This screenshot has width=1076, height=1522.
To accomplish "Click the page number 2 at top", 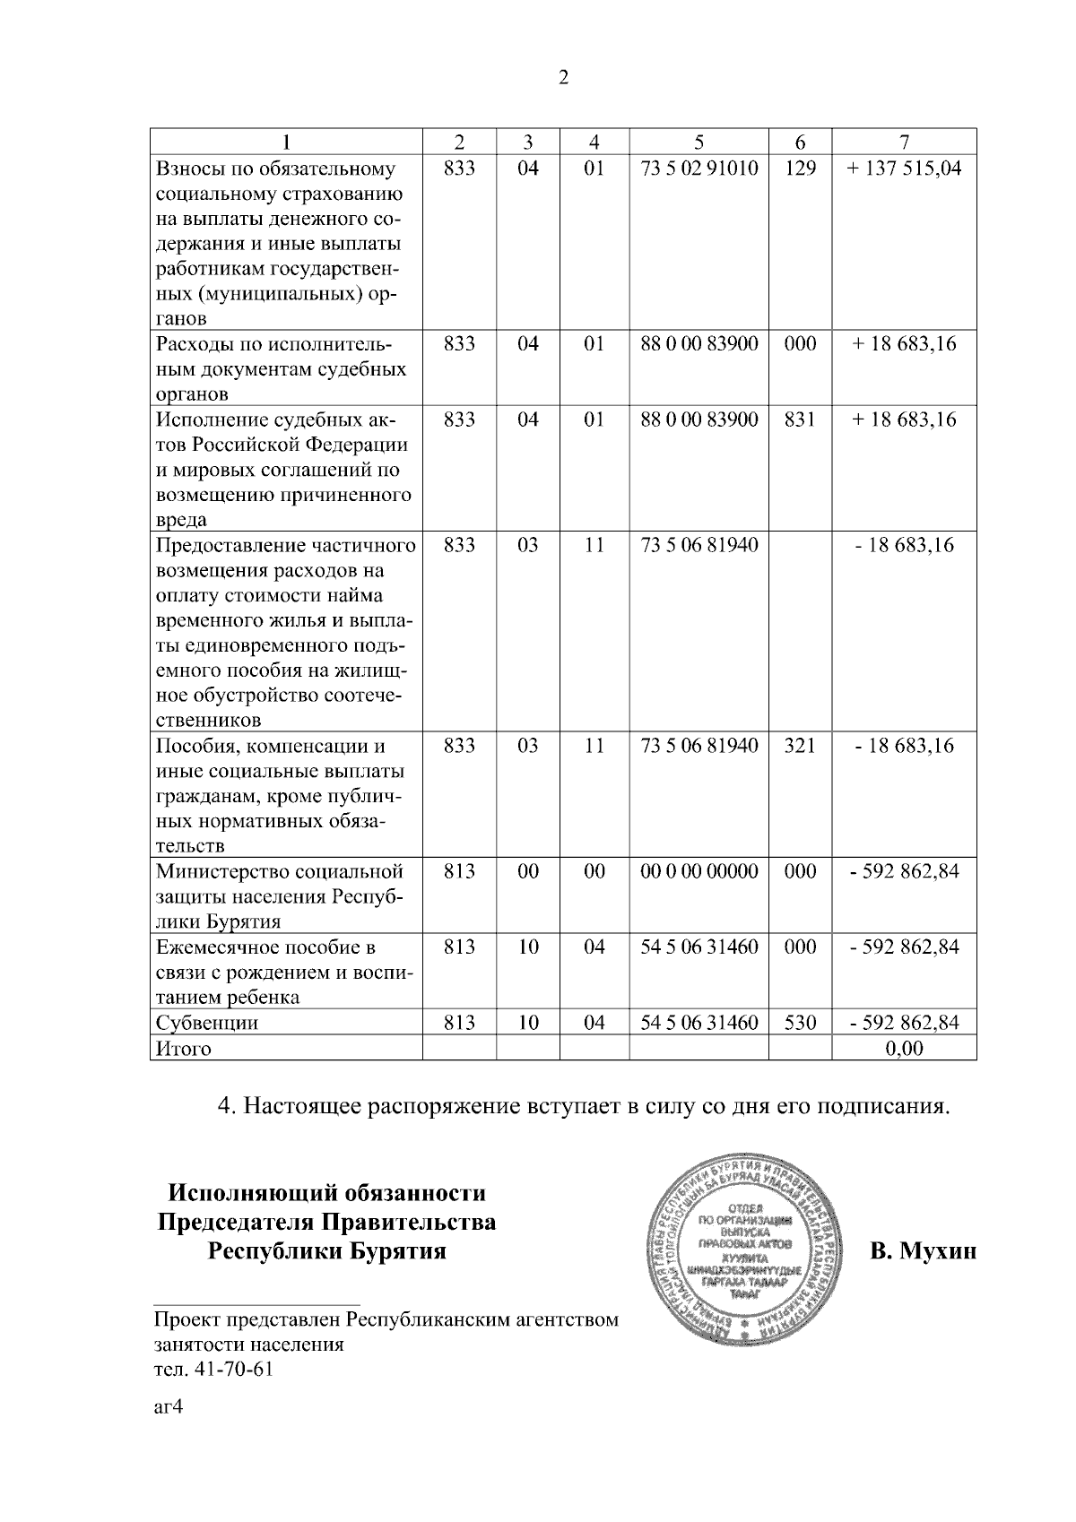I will tap(563, 78).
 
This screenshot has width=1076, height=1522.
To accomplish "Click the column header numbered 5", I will tap(699, 142).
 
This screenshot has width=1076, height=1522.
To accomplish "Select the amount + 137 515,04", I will tap(904, 169).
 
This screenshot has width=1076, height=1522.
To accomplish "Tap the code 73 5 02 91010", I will tap(699, 169).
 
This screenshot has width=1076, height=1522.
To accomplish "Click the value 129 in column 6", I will tap(800, 169).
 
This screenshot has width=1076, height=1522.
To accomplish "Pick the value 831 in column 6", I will tap(800, 419).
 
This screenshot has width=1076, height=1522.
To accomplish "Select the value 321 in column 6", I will tap(800, 746).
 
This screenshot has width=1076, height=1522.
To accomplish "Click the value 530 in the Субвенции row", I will tap(800, 1023).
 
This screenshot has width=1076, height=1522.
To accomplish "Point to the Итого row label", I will tap(184, 1049).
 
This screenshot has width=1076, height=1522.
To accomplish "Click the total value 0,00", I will tap(904, 1049).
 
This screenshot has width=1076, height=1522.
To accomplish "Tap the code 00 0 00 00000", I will tap(699, 871).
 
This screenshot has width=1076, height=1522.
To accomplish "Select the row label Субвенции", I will tap(207, 1023).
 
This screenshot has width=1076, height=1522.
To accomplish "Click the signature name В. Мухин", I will tap(923, 1250).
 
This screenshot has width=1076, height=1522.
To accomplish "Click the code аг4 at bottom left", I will tap(168, 1407).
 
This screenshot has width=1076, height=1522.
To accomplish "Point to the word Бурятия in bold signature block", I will tap(392, 1250).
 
